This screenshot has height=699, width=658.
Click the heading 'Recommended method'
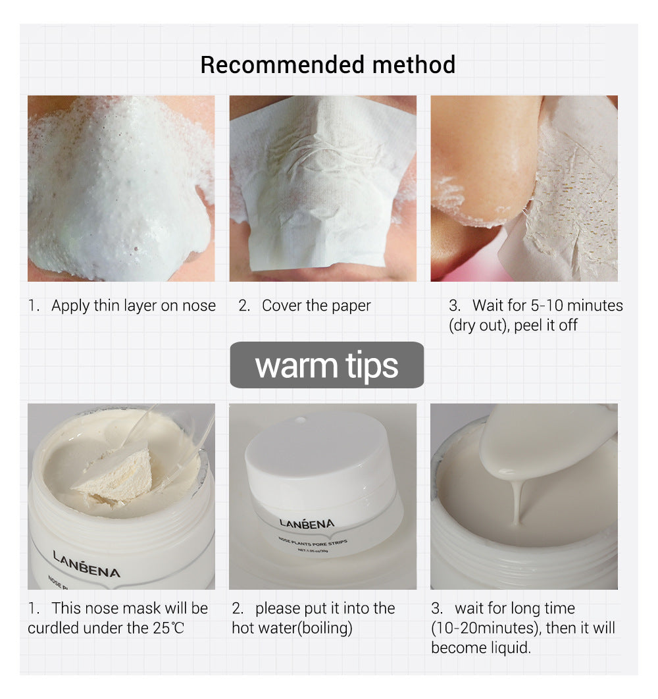point(328,65)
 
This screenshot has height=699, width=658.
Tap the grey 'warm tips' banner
point(327,365)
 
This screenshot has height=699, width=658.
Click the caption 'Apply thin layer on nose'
point(134,305)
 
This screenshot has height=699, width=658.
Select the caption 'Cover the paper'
point(316,305)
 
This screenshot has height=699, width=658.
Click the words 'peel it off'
point(545,325)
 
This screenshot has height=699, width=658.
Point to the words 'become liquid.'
point(481,647)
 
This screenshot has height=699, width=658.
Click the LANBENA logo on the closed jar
point(307,523)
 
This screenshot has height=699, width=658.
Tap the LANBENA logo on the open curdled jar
point(86,564)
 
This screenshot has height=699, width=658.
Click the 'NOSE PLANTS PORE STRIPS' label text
point(313,542)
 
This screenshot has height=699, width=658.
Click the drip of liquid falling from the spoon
point(517,500)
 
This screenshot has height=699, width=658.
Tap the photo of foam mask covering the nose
point(121,188)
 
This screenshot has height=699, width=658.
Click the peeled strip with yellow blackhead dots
point(566,196)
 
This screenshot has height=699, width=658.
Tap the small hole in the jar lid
point(301,420)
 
